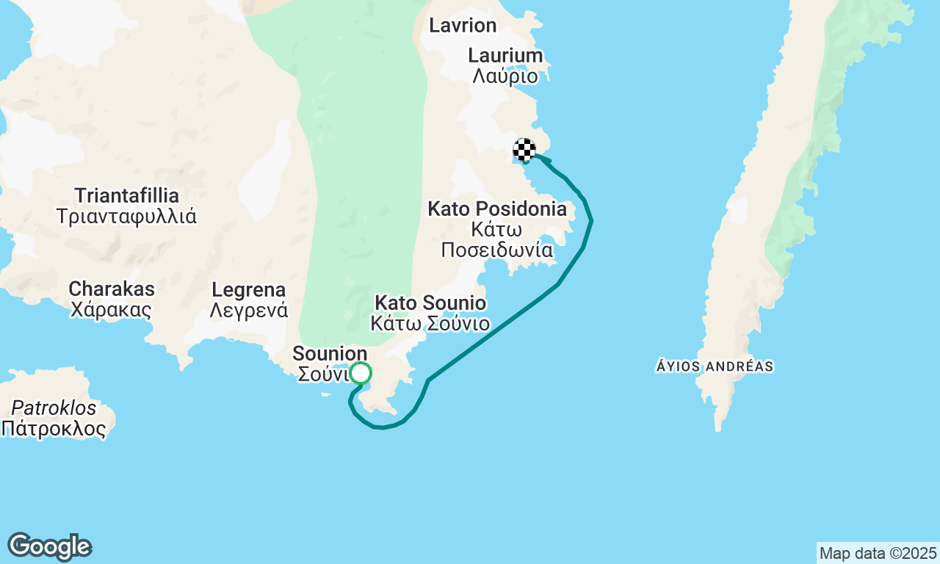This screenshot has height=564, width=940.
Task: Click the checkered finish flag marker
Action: pos(524,150)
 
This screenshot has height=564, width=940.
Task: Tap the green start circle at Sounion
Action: pos(361,373)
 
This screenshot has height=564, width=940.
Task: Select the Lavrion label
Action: pos(463,26)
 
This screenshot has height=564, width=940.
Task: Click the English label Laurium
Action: pos(505,56)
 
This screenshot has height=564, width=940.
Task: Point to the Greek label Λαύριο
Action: pos(505,76)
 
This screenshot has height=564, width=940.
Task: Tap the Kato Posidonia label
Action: pos(497,209)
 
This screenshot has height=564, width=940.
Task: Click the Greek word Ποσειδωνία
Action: pos(497,250)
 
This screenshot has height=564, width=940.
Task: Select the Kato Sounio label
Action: pos(430,303)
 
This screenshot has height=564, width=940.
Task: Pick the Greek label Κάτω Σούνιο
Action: pos(430,323)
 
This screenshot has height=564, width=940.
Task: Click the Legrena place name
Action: pos(248,289)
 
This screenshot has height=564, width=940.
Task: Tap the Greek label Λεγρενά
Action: pos(248,310)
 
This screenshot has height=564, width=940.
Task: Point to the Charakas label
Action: pos(112,289)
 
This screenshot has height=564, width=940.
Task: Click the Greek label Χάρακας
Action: pos(112,309)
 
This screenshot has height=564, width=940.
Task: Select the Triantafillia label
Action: pos(127,196)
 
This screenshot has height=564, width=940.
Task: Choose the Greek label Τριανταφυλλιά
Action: pos(127,217)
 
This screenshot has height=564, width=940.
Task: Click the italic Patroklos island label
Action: pos(54,408)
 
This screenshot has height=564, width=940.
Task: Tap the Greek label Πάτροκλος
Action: pos(54,429)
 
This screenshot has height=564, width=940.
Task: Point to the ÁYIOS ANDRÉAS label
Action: pos(715,366)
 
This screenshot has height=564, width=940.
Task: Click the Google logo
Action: pos(49,546)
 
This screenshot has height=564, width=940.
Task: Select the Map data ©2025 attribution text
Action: pos(878,553)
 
